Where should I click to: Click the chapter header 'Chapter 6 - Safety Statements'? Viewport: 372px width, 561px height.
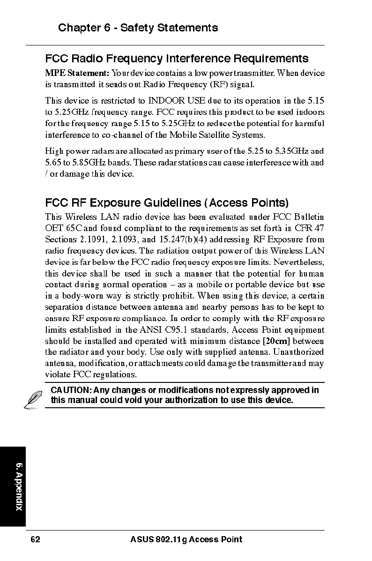point(138,28)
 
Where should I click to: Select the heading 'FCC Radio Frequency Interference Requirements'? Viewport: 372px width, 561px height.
point(177,59)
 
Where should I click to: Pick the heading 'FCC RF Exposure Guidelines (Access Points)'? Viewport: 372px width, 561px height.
point(167,203)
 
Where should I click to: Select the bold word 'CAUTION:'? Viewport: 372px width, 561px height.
point(71,390)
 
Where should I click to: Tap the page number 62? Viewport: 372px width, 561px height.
point(35,539)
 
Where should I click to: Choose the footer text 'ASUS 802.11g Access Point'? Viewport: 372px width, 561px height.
point(186,539)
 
